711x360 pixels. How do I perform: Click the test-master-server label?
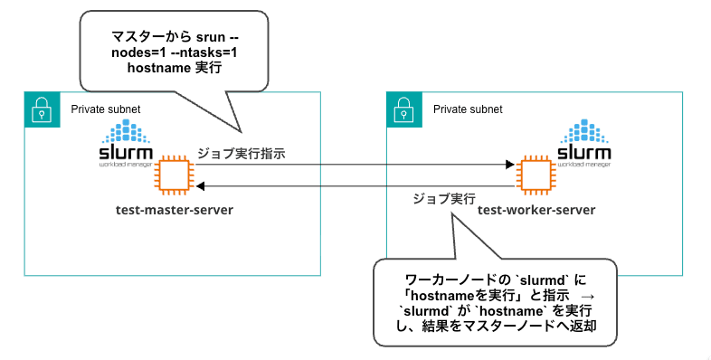[x=175, y=211]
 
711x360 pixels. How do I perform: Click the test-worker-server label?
[x=536, y=211]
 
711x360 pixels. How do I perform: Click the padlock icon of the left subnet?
[x=43, y=109]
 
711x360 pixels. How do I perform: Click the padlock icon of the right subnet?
[x=404, y=109]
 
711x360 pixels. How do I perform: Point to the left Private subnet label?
[x=106, y=109]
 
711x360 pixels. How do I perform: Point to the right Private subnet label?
[x=468, y=109]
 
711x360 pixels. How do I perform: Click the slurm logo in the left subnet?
[x=126, y=143]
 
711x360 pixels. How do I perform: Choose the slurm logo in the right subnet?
[x=584, y=143]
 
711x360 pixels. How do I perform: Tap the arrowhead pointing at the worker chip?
[x=510, y=164]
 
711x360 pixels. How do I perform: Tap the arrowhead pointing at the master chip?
[x=201, y=186]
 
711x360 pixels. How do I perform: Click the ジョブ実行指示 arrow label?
[x=242, y=153]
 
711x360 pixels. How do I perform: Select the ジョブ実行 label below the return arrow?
[x=444, y=199]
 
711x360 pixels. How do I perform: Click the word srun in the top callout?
[x=211, y=37]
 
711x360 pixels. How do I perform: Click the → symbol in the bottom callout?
[x=588, y=296]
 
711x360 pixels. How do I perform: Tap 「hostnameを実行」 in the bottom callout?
[x=461, y=296]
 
